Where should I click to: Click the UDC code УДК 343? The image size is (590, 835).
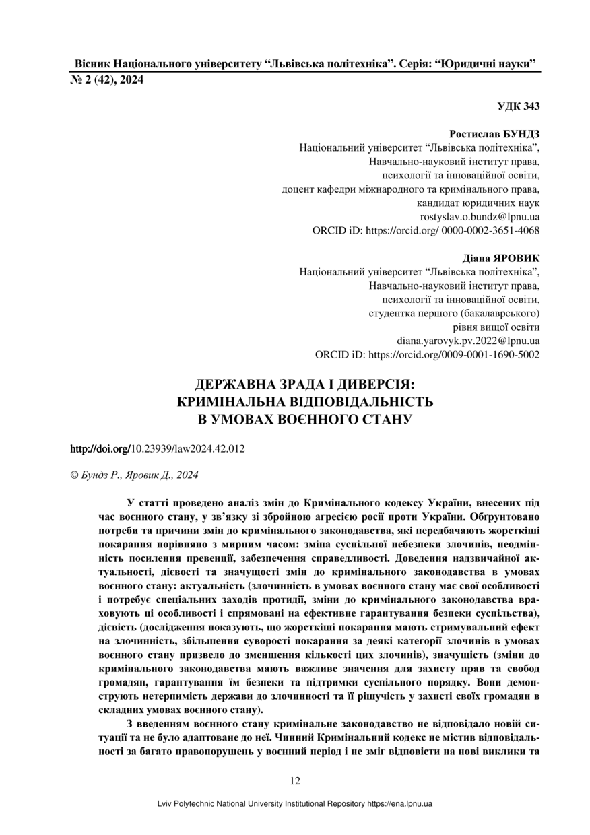click(x=518, y=106)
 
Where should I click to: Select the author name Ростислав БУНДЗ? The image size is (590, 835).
click(x=494, y=134)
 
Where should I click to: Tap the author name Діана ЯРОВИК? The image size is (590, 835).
click(x=501, y=259)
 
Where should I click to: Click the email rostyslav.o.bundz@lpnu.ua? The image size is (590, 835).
click(x=479, y=217)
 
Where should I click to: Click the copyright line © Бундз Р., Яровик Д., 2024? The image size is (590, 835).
click(x=134, y=475)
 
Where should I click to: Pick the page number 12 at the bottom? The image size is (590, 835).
click(x=294, y=781)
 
